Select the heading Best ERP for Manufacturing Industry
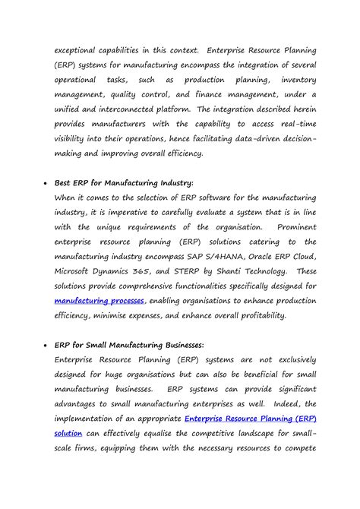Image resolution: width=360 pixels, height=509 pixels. [x=125, y=182]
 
